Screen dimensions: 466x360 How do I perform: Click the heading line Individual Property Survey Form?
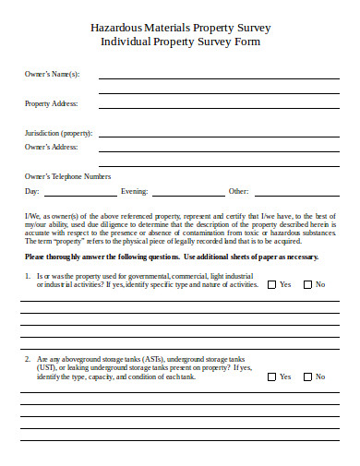coord(179,42)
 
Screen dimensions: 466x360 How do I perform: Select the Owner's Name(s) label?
coord(53,74)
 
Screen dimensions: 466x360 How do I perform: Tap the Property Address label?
coord(51,103)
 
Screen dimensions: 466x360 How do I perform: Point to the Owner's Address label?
coord(51,147)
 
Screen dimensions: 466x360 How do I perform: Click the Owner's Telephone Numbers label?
coord(67,176)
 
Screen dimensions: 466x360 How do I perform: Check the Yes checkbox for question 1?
coord(271,284)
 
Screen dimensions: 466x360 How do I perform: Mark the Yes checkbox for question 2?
coord(271,376)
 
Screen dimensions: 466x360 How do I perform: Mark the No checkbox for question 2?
coord(306,376)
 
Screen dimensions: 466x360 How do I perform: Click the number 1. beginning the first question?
coord(28,276)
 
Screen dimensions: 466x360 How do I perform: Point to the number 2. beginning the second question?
coord(28,358)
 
